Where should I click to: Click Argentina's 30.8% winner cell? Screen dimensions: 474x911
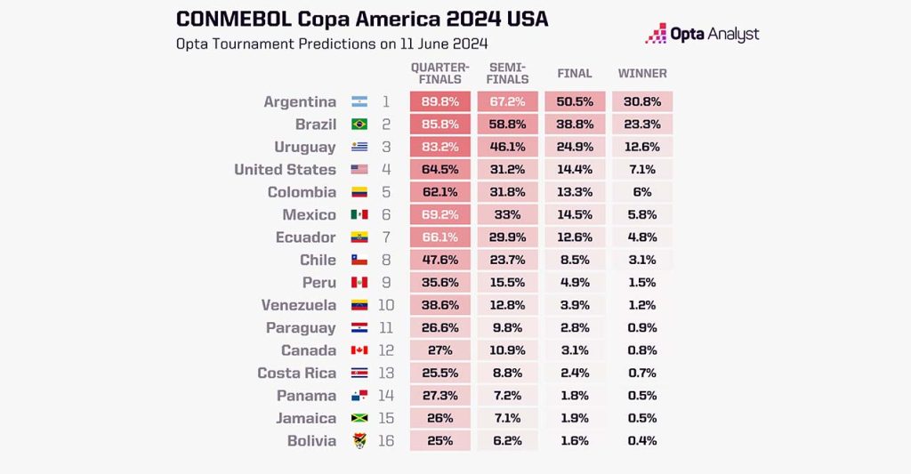(641, 102)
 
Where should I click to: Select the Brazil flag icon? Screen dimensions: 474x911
(359, 125)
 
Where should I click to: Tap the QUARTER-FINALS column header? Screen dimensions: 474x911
(439, 73)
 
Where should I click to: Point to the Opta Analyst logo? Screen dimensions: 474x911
(703, 35)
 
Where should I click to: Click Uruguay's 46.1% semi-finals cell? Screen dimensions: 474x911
(507, 148)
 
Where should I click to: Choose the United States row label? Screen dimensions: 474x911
(285, 170)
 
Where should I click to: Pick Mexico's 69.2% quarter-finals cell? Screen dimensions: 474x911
(439, 215)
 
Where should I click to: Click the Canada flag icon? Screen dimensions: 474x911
(359, 350)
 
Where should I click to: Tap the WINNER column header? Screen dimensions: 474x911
(642, 74)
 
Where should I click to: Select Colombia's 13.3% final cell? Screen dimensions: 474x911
(575, 192)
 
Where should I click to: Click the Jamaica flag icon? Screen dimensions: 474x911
(359, 419)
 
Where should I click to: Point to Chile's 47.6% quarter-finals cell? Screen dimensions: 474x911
(439, 261)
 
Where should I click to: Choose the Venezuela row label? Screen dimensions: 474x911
(299, 305)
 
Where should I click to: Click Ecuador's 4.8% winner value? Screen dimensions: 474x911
(642, 237)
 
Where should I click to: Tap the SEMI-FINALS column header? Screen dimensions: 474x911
(507, 73)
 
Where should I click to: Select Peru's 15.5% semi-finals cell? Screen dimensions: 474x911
(507, 283)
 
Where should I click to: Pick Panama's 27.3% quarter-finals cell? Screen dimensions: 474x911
(439, 396)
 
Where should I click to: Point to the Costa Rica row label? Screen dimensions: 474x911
(297, 374)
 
